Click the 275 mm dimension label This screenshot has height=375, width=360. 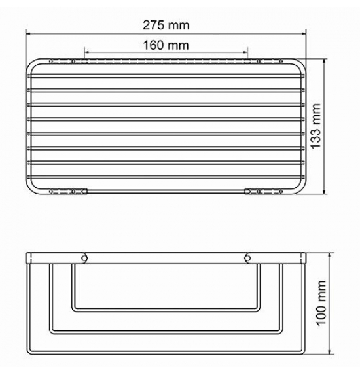coord(166,25)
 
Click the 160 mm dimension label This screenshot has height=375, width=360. coord(166,45)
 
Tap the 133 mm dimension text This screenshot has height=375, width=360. coord(315,126)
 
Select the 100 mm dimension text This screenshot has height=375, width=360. coord(321,303)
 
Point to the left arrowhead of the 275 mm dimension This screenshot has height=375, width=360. coord(28,33)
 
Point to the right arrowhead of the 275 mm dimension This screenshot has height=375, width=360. coord(304,33)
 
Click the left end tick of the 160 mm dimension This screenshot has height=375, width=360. coord(85,52)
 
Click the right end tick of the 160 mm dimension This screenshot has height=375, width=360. coord(247,52)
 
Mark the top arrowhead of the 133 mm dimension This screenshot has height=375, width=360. coord(324,62)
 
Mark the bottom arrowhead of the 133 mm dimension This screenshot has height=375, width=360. coord(324,191)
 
